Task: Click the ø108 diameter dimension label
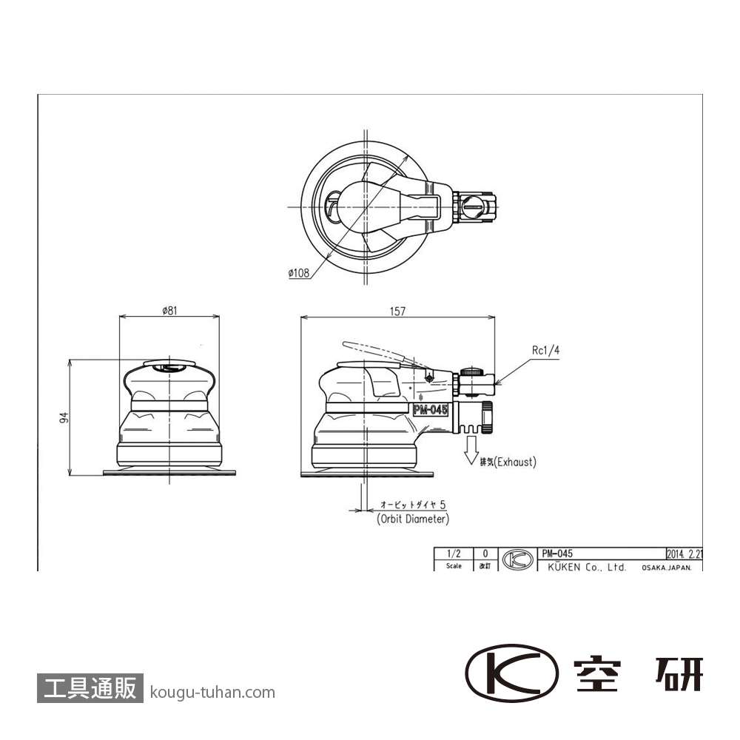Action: point(299,273)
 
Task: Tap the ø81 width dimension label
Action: point(169,311)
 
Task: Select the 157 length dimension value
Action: point(397,312)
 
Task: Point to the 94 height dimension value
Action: point(64,417)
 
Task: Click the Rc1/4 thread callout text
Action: point(545,350)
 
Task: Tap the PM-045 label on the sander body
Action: point(430,410)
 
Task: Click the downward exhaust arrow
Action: point(471,450)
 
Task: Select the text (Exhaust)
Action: point(515,462)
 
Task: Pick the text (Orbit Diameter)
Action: point(413,519)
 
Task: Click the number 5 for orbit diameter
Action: point(443,505)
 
